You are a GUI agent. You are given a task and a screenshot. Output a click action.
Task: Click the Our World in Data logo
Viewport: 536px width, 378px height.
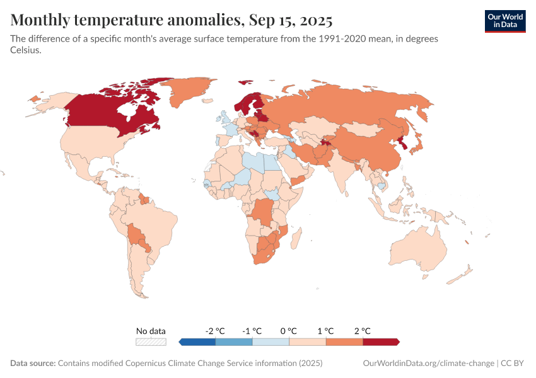pyautogui.click(x=504, y=20)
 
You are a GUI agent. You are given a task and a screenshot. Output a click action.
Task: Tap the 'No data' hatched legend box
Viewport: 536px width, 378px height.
pyautogui.click(x=151, y=341)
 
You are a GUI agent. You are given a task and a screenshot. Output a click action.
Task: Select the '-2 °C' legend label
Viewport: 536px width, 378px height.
pyautogui.click(x=215, y=331)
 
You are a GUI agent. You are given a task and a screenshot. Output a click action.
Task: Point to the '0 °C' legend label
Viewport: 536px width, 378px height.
pyautogui.click(x=289, y=331)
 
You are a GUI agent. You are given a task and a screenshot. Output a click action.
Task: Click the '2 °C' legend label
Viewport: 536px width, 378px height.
pyautogui.click(x=363, y=331)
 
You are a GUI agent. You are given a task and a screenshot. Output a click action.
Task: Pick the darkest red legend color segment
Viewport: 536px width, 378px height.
pyautogui.click(x=381, y=341)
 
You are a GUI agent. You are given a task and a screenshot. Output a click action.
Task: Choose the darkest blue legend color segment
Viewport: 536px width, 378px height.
pyautogui.click(x=197, y=341)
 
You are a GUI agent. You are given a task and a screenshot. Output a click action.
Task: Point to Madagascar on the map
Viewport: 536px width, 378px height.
pyautogui.click(x=294, y=240)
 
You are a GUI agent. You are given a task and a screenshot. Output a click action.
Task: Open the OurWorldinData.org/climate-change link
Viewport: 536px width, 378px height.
pyautogui.click(x=428, y=364)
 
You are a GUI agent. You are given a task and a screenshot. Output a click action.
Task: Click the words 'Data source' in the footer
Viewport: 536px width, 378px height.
pyautogui.click(x=33, y=364)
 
